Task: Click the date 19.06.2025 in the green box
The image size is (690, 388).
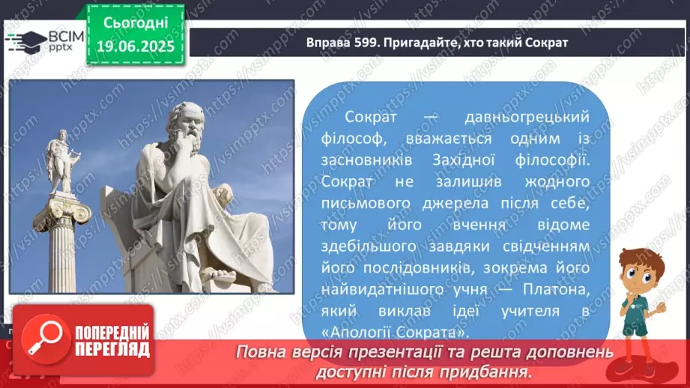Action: tap(136, 46)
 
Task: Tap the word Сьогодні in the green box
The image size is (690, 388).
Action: tap(136, 22)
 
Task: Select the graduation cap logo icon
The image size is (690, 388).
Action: tap(26, 41)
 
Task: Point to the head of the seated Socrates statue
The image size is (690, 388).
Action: tap(187, 125)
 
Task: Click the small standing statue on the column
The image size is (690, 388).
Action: tap(63, 162)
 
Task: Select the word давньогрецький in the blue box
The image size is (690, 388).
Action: tap(527, 117)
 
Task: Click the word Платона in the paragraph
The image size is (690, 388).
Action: tap(556, 289)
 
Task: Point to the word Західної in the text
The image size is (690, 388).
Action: tap(464, 160)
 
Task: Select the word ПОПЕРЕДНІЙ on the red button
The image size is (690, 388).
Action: tap(112, 333)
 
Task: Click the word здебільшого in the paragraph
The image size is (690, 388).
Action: tap(369, 246)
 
